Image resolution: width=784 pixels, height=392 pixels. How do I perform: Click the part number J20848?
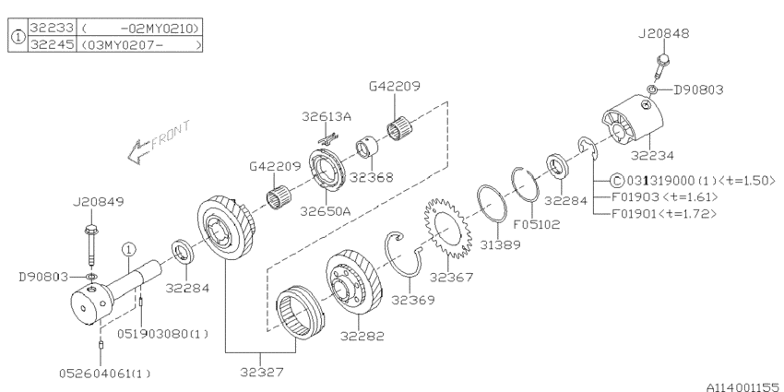click(x=663, y=33)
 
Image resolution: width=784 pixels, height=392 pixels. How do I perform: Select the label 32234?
click(x=652, y=156)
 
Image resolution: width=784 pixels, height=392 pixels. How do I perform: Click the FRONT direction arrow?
click(x=159, y=141)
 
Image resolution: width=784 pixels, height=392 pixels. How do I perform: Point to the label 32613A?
click(x=326, y=116)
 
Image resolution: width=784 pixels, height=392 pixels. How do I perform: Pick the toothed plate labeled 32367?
click(x=447, y=228)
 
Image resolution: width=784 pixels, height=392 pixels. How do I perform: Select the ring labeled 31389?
click(x=492, y=209)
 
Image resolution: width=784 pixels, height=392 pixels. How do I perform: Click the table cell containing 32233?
click(x=52, y=28)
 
